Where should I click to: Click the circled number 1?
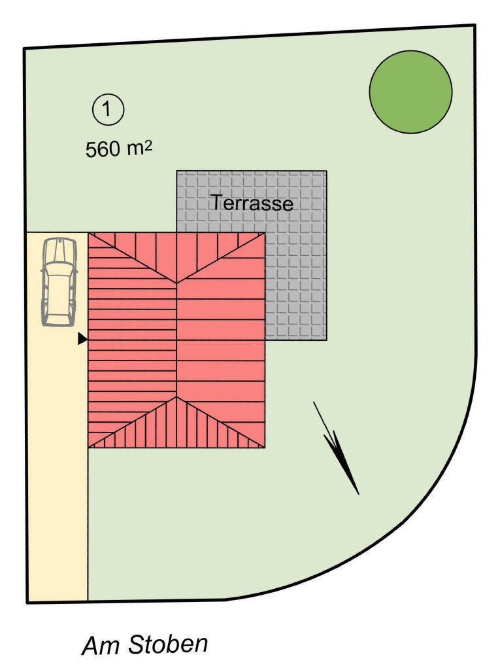click(108, 110)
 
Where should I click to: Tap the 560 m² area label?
click(119, 149)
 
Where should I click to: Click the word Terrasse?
click(251, 203)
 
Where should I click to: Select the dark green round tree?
click(410, 92)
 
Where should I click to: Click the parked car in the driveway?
click(59, 281)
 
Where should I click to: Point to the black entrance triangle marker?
click(82, 339)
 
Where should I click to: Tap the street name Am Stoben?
click(145, 645)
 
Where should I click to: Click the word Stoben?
click(168, 644)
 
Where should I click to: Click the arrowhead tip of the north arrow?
click(358, 493)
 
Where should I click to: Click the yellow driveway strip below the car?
click(58, 458)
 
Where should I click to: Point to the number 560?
click(103, 149)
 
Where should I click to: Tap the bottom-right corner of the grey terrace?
click(326, 340)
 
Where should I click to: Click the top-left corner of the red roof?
click(89, 233)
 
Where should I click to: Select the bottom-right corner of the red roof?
click(265, 448)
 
